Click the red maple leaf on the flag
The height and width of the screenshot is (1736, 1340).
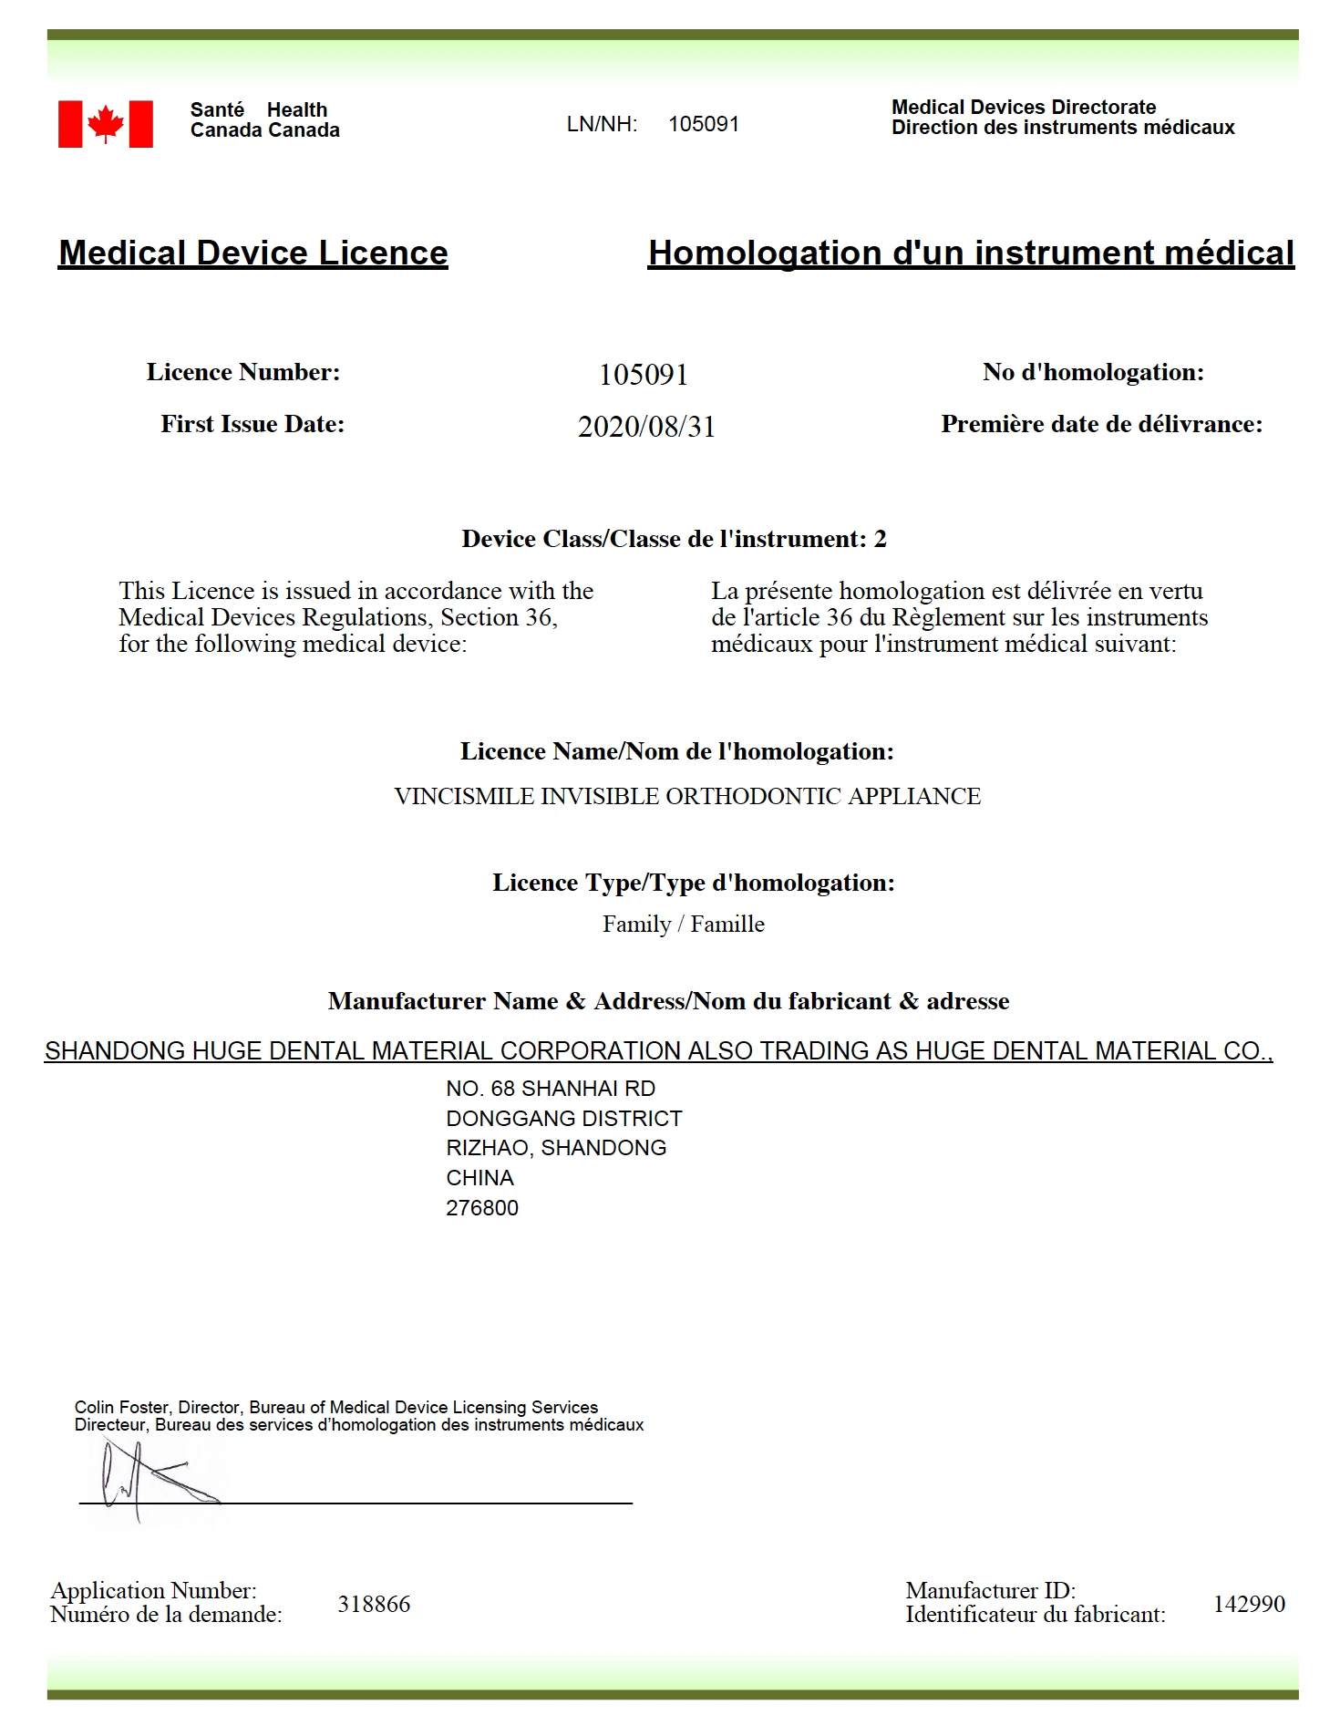point(106,123)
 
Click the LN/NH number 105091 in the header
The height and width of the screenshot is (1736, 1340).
point(703,124)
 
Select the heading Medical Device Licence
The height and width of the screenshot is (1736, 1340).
point(253,253)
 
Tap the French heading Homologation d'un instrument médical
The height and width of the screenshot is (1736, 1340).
point(971,253)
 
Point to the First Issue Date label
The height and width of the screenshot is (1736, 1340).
point(253,424)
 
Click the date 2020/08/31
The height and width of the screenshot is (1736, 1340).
point(646,427)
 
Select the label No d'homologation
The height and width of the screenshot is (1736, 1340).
point(1093,372)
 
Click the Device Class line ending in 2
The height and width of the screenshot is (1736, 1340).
point(674,539)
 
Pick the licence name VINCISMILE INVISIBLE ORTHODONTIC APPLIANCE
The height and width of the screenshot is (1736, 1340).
point(687,796)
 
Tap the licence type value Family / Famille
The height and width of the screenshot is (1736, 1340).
point(683,925)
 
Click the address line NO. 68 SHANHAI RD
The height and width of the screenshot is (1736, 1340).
point(551,1089)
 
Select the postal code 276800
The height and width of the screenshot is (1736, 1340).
point(482,1208)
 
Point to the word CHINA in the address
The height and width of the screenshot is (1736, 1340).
point(479,1178)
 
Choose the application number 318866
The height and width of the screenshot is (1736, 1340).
point(374,1604)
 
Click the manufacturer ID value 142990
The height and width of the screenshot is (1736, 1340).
point(1249,1604)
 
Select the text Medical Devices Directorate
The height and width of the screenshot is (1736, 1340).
point(1023,107)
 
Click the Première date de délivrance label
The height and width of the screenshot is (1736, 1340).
point(1101,424)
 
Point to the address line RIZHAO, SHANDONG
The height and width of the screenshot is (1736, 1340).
point(556,1148)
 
